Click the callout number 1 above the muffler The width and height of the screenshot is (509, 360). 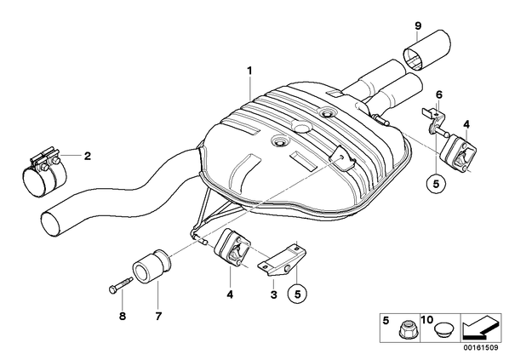[x=249, y=71]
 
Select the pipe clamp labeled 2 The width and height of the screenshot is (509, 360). [x=44, y=172]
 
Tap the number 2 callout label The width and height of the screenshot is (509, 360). [x=88, y=156]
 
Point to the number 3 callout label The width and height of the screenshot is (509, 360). [x=274, y=294]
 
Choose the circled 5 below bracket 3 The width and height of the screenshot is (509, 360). [x=297, y=294]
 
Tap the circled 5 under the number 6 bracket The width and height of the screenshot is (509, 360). [x=436, y=184]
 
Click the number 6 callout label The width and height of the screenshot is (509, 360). [x=439, y=94]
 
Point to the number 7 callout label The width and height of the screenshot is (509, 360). [x=158, y=316]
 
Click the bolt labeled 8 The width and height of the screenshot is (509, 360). [x=120, y=285]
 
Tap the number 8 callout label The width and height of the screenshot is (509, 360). [x=123, y=316]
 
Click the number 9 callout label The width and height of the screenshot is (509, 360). [x=418, y=26]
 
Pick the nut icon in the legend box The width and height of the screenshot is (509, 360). [x=404, y=331]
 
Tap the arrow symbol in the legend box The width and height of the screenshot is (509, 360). [x=481, y=328]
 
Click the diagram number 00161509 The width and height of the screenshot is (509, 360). [x=482, y=348]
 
